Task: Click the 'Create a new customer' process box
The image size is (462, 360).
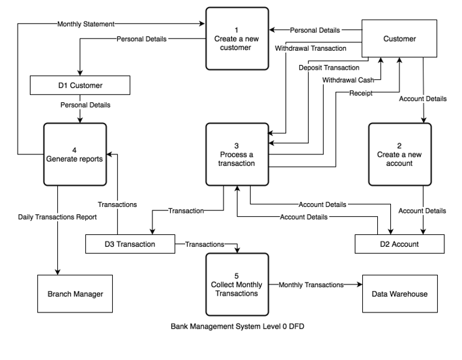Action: (x=237, y=38)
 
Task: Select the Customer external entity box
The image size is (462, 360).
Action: (x=399, y=39)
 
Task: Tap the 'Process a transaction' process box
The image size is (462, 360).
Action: (x=237, y=154)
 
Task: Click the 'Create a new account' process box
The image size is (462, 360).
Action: (x=399, y=154)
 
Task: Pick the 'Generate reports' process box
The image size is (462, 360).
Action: (x=75, y=154)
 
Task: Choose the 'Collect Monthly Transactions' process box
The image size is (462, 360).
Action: (x=237, y=285)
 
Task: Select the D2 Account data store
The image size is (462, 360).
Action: (x=399, y=244)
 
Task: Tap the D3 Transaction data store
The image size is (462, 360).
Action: (x=130, y=244)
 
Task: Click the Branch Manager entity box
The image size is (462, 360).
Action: (x=75, y=294)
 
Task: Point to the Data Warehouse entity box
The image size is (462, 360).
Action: (x=399, y=294)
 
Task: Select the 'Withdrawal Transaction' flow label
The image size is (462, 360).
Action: (x=310, y=48)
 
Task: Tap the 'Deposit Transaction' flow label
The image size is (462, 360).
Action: (x=329, y=67)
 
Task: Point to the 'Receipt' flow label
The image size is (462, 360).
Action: (x=360, y=93)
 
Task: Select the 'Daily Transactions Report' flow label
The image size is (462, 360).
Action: (x=57, y=216)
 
